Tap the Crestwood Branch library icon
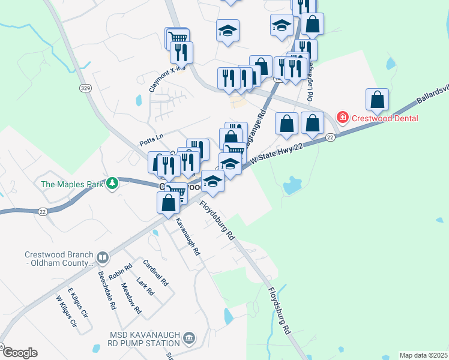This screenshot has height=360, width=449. point(103,258)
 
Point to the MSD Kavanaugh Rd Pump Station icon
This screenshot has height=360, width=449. point(189,338)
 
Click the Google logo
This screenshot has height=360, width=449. point(19,353)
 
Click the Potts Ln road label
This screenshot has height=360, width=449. point(151,138)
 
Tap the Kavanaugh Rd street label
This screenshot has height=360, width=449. point(187,238)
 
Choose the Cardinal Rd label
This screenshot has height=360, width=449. point(155,272)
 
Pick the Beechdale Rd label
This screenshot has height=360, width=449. point(107,290)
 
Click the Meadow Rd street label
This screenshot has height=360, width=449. point(131,299)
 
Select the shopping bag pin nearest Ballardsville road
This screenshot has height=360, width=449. point(377,100)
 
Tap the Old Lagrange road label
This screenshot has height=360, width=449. point(310,84)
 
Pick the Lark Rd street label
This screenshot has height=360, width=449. point(145,286)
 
